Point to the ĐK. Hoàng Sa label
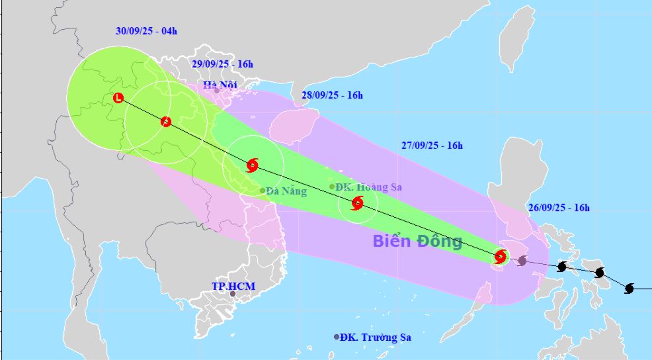369,187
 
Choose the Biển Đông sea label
417,240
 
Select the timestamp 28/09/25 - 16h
332,95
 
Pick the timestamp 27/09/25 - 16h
432,146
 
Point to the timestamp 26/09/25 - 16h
559,208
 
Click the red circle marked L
118,99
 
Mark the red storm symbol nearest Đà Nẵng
252,165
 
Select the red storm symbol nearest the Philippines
501,255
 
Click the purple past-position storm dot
522,261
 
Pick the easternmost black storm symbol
629,289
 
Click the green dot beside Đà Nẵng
263,191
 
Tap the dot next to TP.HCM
232,293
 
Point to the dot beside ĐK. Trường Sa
337,337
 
